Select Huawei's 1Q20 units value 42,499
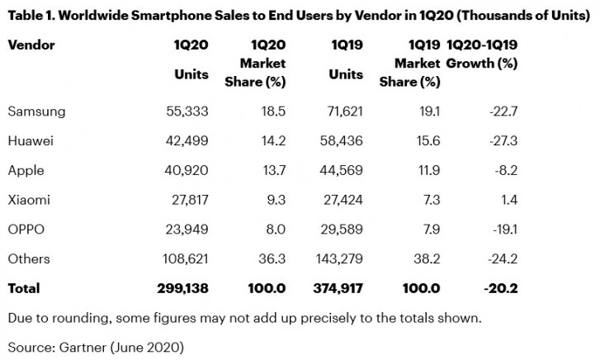pyautogui.click(x=187, y=141)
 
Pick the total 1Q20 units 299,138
pyautogui.click(x=183, y=289)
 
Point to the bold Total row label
pyautogui.click(x=23, y=289)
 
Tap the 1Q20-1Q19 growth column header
pyautogui.click(x=481, y=54)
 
